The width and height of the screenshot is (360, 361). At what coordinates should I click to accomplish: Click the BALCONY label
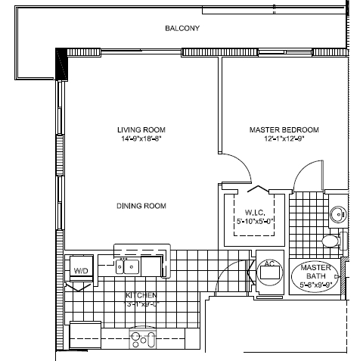[182, 29]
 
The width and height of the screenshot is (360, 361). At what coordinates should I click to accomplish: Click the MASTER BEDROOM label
[284, 129]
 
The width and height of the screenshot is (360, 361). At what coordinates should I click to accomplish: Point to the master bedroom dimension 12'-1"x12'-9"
[284, 139]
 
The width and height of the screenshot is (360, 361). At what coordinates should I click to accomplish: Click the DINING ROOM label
[141, 206]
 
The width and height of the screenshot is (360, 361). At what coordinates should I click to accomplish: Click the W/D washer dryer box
[79, 269]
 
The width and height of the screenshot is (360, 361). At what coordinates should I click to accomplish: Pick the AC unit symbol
[267, 271]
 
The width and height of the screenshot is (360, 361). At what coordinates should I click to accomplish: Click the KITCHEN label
[141, 294]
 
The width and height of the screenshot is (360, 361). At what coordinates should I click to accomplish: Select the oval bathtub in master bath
[312, 277]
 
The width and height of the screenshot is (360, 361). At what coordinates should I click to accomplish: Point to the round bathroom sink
[337, 213]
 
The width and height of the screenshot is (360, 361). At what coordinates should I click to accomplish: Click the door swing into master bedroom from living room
[236, 164]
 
